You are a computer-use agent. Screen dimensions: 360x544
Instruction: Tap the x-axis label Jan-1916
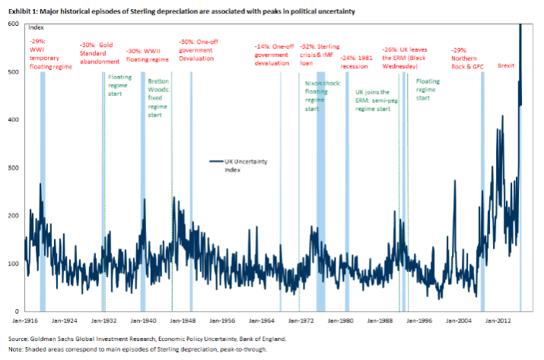click(x=25, y=321)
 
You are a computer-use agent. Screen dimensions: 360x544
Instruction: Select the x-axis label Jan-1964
click(x=262, y=321)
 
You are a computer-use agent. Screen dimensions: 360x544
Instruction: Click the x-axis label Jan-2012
click(x=500, y=321)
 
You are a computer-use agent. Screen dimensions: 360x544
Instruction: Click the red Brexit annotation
click(x=506, y=66)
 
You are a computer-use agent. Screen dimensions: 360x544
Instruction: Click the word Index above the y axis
click(x=36, y=27)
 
